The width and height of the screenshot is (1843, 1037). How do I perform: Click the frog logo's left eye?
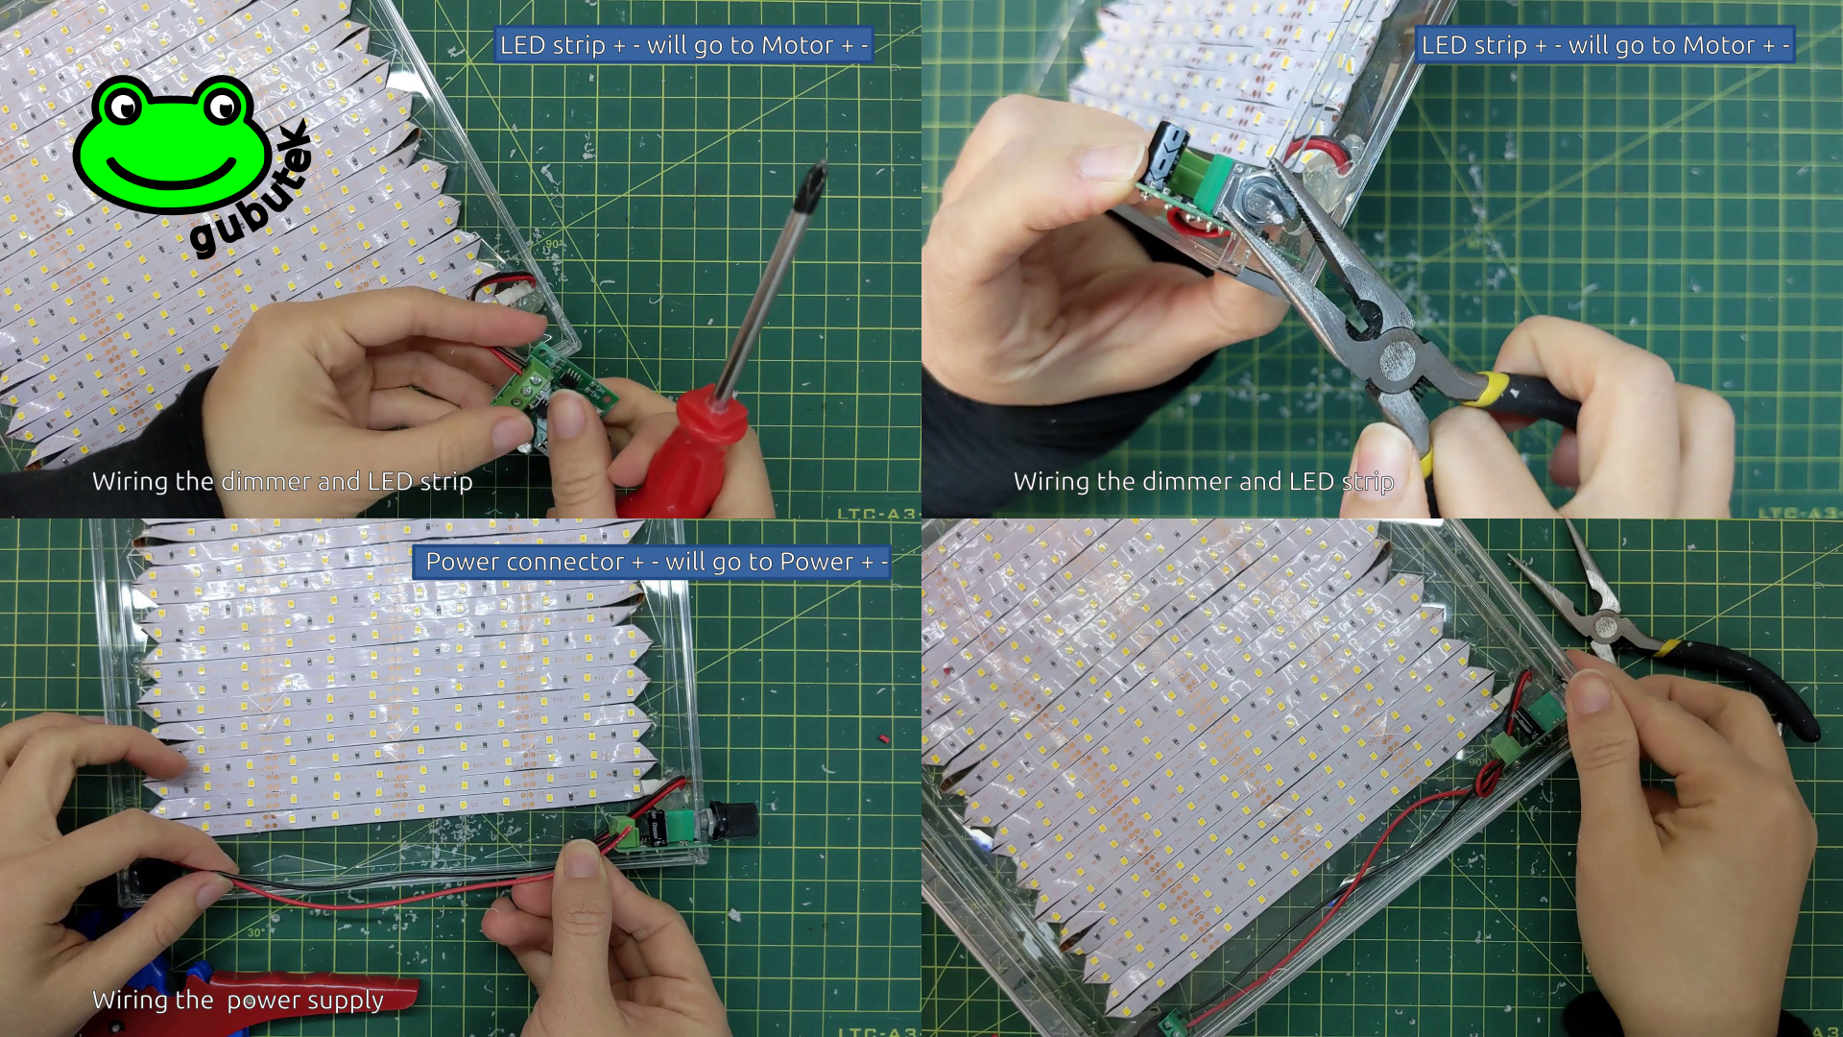coord(125,106)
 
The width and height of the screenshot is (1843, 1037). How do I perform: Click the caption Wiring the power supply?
coord(238,1001)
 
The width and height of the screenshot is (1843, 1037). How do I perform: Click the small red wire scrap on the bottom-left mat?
coord(883,739)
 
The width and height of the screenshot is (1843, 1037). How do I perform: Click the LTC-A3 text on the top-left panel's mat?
coord(875,513)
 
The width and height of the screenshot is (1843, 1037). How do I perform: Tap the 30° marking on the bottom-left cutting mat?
coord(255,932)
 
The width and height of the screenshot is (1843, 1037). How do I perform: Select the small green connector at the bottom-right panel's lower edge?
coord(1172,1024)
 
